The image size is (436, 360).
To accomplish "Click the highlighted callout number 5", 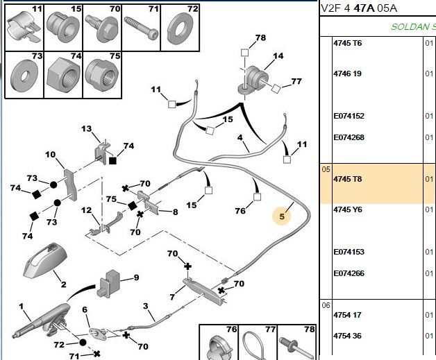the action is (282, 216).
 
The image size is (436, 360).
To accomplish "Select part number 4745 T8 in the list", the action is (348, 179).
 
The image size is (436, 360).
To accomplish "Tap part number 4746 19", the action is (347, 74).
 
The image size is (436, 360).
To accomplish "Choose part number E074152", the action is (349, 116).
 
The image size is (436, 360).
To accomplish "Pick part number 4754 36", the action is (347, 336).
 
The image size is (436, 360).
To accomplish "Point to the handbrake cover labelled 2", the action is (45, 260).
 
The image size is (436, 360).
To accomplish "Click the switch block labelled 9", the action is (108, 283).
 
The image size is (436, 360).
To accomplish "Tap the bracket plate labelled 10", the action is (70, 185).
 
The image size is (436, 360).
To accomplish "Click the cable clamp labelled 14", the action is (253, 80).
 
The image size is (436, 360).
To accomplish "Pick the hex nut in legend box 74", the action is (64, 75).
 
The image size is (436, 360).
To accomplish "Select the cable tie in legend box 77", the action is (253, 346).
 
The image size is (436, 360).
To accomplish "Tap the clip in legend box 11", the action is (24, 27).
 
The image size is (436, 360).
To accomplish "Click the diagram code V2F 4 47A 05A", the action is (359, 8).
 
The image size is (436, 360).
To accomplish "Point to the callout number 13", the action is (87, 129).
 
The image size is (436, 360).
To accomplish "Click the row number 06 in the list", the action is (326, 306).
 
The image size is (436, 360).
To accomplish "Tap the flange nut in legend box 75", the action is (102, 74).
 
